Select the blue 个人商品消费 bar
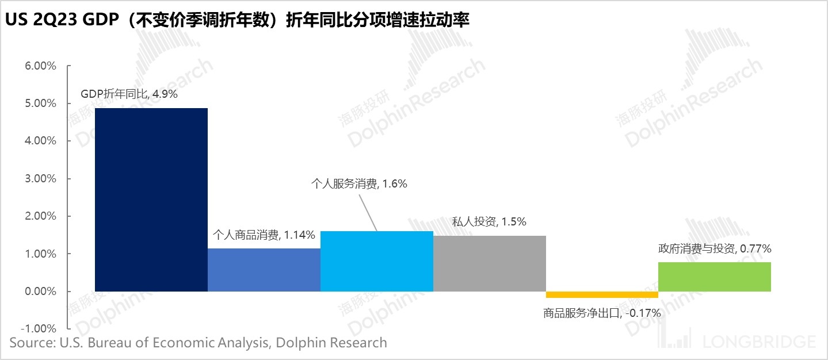(264, 270)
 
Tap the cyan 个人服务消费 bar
(376, 261)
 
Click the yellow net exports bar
(602, 294)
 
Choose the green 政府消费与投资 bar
(715, 277)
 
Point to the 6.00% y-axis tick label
(40, 66)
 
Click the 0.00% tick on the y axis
(40, 292)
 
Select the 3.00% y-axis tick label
(40, 179)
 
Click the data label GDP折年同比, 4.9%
(129, 94)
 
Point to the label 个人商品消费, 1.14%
(264, 235)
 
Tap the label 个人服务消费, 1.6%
(359, 184)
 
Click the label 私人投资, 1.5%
(490, 222)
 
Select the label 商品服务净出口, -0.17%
(602, 313)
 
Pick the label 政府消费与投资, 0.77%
(715, 249)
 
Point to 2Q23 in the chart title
(55, 21)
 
